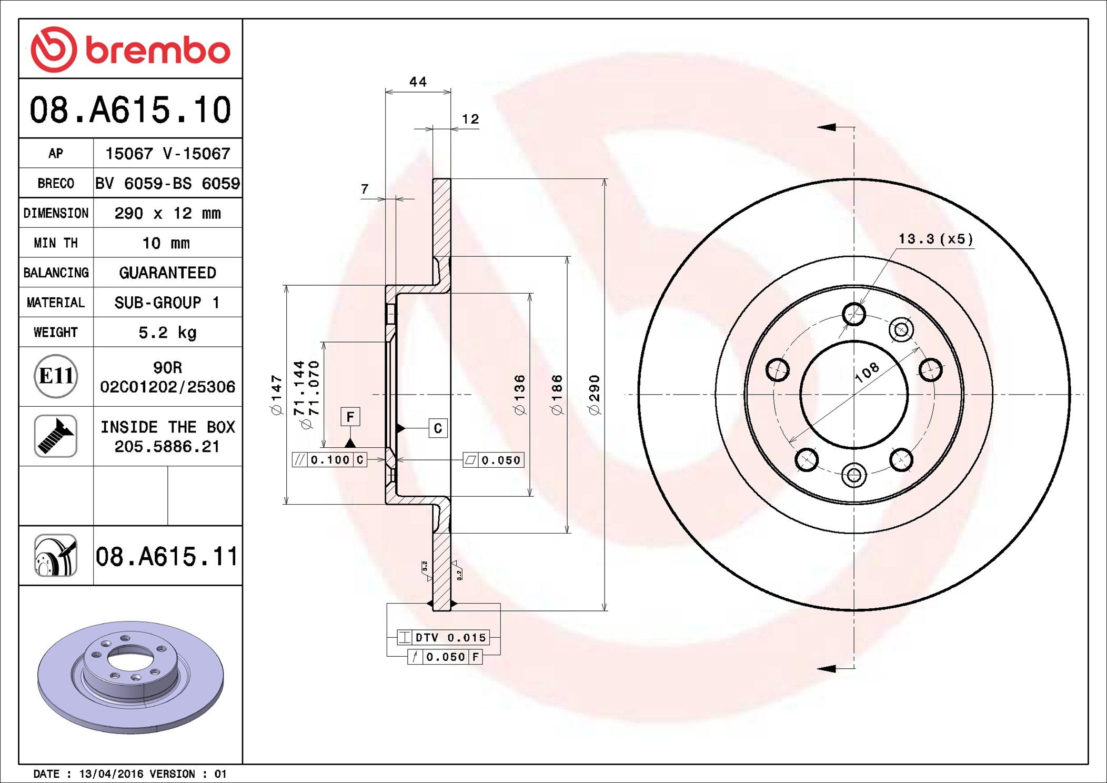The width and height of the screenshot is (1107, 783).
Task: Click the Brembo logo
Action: pos(130,49)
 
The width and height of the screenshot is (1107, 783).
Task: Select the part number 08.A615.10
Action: pos(130,110)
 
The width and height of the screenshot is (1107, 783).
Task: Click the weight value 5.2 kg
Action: pos(167,333)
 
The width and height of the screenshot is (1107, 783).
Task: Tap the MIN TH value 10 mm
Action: pos(166,243)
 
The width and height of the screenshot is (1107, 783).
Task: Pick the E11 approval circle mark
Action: pos(56,376)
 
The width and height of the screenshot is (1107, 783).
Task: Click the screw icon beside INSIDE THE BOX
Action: pos(56,436)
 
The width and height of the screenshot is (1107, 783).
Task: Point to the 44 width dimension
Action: pos(418,82)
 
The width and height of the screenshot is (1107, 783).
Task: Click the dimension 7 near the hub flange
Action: pos(365,189)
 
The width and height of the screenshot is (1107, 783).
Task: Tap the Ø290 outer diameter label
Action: pos(595,395)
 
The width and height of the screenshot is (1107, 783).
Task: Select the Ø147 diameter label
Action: pos(277,395)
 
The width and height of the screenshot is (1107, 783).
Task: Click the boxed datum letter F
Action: pos(350,417)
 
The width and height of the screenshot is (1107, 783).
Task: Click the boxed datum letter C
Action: pos(438,428)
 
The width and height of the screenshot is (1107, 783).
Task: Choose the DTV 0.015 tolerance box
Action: pos(444,638)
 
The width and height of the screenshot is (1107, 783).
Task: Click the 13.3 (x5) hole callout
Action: pos(935,239)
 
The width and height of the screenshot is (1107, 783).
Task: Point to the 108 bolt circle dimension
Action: pos(867,373)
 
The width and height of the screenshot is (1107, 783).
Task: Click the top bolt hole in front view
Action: pos(853,314)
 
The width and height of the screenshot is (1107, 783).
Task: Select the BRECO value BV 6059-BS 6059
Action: pos(167,184)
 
